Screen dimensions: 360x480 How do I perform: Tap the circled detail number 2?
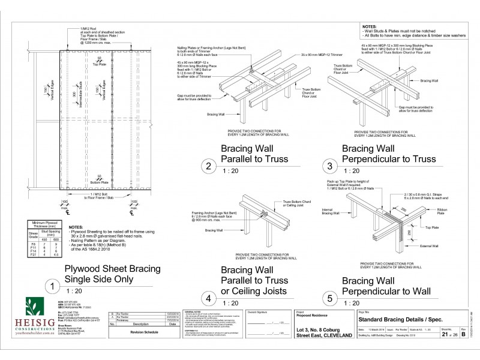click(x=208, y=166)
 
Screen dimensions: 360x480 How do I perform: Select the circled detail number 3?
click(x=329, y=166)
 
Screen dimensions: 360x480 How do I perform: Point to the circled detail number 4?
click(x=208, y=298)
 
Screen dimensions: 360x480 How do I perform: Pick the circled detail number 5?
click(x=329, y=298)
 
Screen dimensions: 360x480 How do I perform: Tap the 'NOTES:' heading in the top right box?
click(x=371, y=28)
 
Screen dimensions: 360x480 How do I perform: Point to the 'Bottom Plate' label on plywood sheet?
click(x=100, y=181)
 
